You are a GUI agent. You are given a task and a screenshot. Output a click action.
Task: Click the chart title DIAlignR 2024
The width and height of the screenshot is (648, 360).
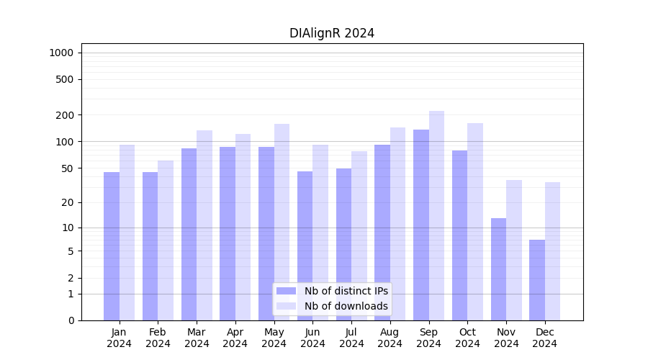tap(332, 33)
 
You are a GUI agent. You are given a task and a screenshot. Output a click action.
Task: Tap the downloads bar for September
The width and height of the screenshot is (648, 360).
tap(436, 215)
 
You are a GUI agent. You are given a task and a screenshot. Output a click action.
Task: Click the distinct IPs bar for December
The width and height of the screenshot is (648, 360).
tap(537, 280)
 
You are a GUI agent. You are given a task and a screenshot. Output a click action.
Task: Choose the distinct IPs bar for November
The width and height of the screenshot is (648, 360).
tap(498, 269)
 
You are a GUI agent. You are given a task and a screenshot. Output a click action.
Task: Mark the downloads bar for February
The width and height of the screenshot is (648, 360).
tap(166, 240)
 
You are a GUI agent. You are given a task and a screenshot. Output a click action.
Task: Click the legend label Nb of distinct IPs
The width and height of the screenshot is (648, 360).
tap(346, 291)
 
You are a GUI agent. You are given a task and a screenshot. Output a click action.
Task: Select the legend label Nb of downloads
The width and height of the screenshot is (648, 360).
tap(346, 306)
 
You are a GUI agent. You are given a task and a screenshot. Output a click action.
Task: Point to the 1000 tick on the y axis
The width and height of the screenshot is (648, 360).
tap(61, 53)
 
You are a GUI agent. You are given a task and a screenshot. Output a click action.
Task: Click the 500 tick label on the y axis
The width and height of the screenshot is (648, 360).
tap(66, 79)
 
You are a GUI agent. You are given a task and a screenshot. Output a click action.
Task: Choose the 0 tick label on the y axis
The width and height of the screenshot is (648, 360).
tap(71, 320)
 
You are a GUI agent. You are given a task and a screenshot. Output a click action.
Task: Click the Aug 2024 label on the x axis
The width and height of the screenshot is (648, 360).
tap(390, 338)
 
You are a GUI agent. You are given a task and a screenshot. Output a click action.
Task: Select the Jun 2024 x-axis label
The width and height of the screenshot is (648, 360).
tap(312, 338)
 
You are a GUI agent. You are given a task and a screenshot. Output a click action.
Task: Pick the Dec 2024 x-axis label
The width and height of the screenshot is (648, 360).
tap(545, 338)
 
